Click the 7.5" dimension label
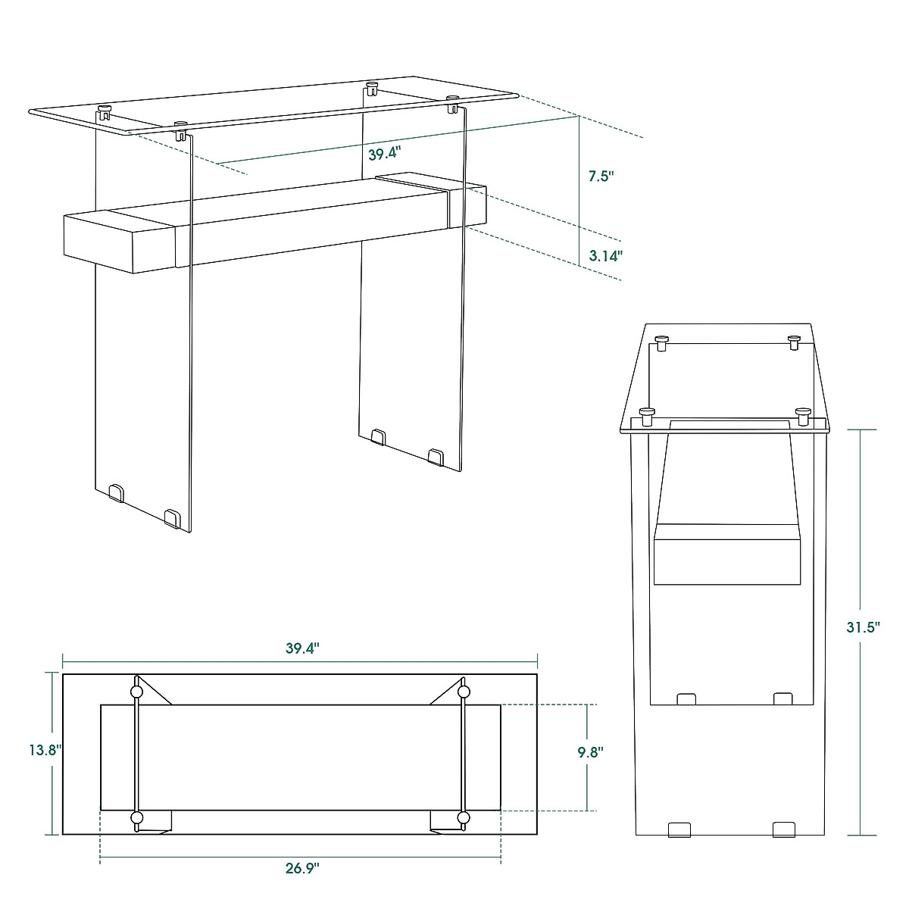click(x=601, y=176)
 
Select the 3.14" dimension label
click(x=605, y=256)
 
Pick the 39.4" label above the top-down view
click(x=302, y=648)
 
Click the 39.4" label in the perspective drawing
click(x=383, y=154)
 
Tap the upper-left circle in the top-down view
click(x=136, y=692)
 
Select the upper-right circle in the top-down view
click(x=464, y=692)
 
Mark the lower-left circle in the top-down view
click(x=136, y=817)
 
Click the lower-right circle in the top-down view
click(x=464, y=817)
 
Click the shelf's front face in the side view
click(x=727, y=561)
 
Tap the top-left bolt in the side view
click(x=661, y=342)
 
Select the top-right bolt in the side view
click(x=794, y=342)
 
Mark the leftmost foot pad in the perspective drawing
click(x=116, y=493)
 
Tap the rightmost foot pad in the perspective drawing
click(x=436, y=456)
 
